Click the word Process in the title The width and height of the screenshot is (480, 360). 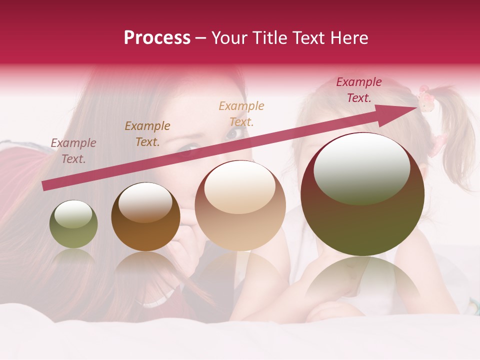[x=157, y=38]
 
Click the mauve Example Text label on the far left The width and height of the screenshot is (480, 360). [x=73, y=151]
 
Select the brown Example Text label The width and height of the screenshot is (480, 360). [x=147, y=134]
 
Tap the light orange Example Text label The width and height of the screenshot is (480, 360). [x=241, y=114]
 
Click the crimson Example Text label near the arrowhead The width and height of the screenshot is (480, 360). [x=359, y=90]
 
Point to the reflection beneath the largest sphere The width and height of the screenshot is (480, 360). [x=362, y=280]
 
